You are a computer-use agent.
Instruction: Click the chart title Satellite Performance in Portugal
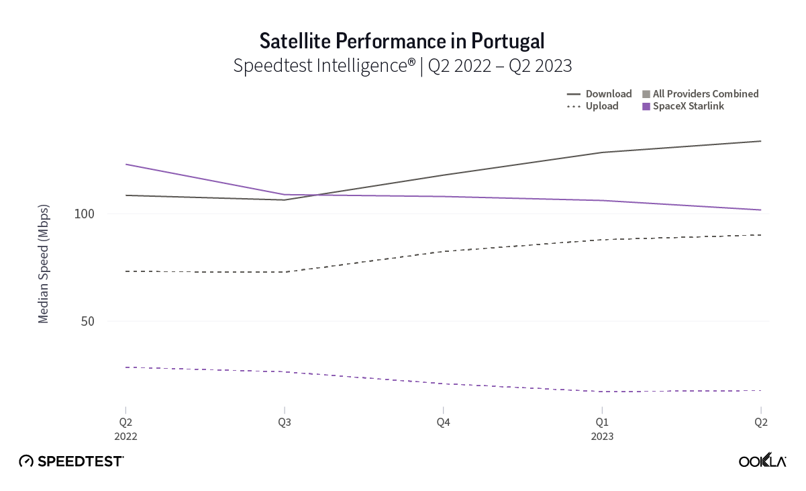402,42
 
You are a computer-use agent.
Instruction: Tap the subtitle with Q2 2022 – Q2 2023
402,66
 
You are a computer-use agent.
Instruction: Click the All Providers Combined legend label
705,94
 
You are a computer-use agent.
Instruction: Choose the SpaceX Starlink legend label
689,106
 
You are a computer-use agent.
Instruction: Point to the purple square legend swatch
646,106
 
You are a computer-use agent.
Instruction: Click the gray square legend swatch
646,94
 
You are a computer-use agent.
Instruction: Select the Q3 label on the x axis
285,422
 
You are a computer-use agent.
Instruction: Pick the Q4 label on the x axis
443,422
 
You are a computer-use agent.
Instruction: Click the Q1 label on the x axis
602,422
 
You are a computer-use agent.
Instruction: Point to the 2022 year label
125,436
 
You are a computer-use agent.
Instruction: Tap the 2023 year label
602,436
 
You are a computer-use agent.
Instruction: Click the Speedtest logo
71,461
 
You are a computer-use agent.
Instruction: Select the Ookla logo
762,461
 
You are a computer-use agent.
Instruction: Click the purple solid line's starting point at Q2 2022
125,164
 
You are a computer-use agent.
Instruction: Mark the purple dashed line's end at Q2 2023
760,390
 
